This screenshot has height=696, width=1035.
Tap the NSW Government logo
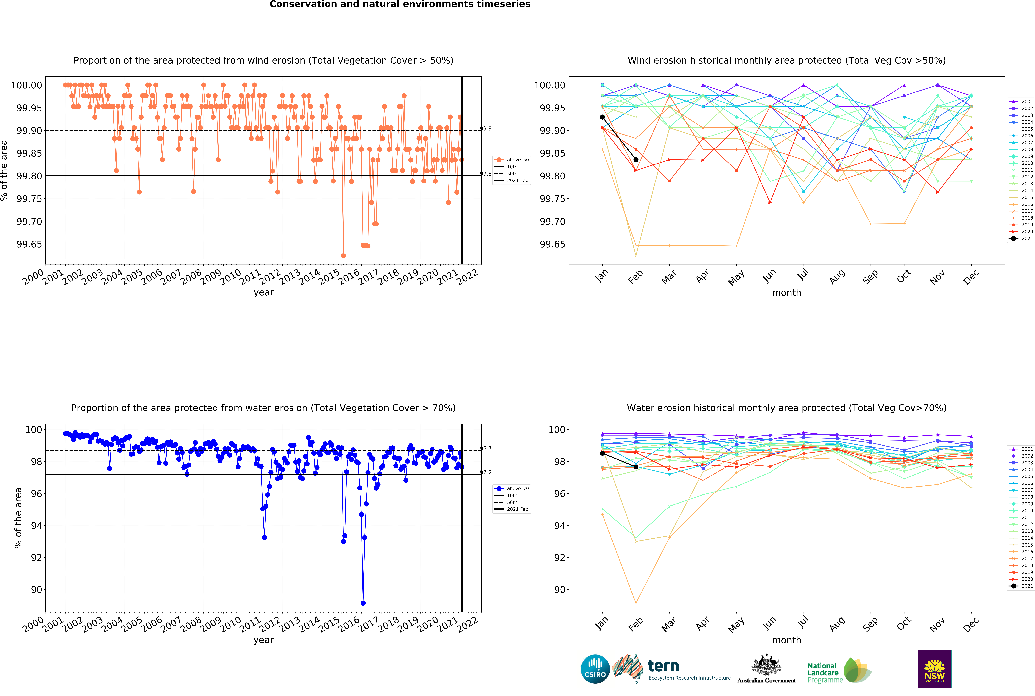coord(934,669)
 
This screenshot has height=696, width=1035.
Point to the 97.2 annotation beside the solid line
coord(486,472)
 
